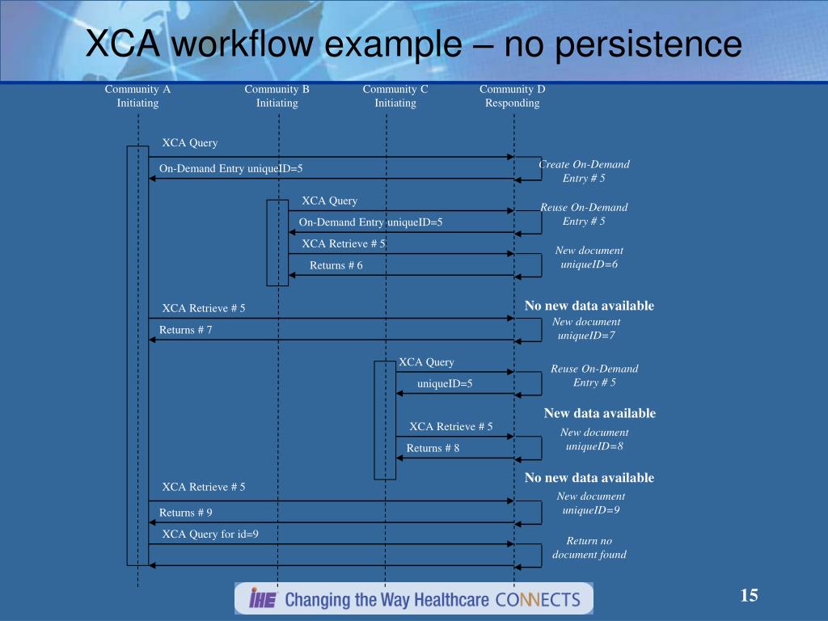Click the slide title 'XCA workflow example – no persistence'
click(x=413, y=44)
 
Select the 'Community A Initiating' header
click(x=137, y=96)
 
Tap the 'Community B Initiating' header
click(x=277, y=96)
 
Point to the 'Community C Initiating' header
click(x=395, y=96)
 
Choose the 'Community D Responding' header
click(x=513, y=96)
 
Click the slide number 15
click(x=749, y=597)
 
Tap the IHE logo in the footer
click(x=263, y=599)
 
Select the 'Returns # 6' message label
click(x=336, y=266)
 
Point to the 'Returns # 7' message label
click(x=186, y=330)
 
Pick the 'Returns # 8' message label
click(x=433, y=448)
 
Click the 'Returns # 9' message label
click(x=186, y=513)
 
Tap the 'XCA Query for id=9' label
click(x=210, y=534)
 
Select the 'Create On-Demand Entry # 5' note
click(x=584, y=171)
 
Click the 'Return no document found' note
click(x=589, y=547)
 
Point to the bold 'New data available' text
click(x=600, y=413)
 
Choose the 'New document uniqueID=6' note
click(x=589, y=258)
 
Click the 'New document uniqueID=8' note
click(x=594, y=439)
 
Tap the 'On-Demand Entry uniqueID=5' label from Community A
click(x=230, y=168)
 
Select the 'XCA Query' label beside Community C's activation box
click(x=426, y=362)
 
